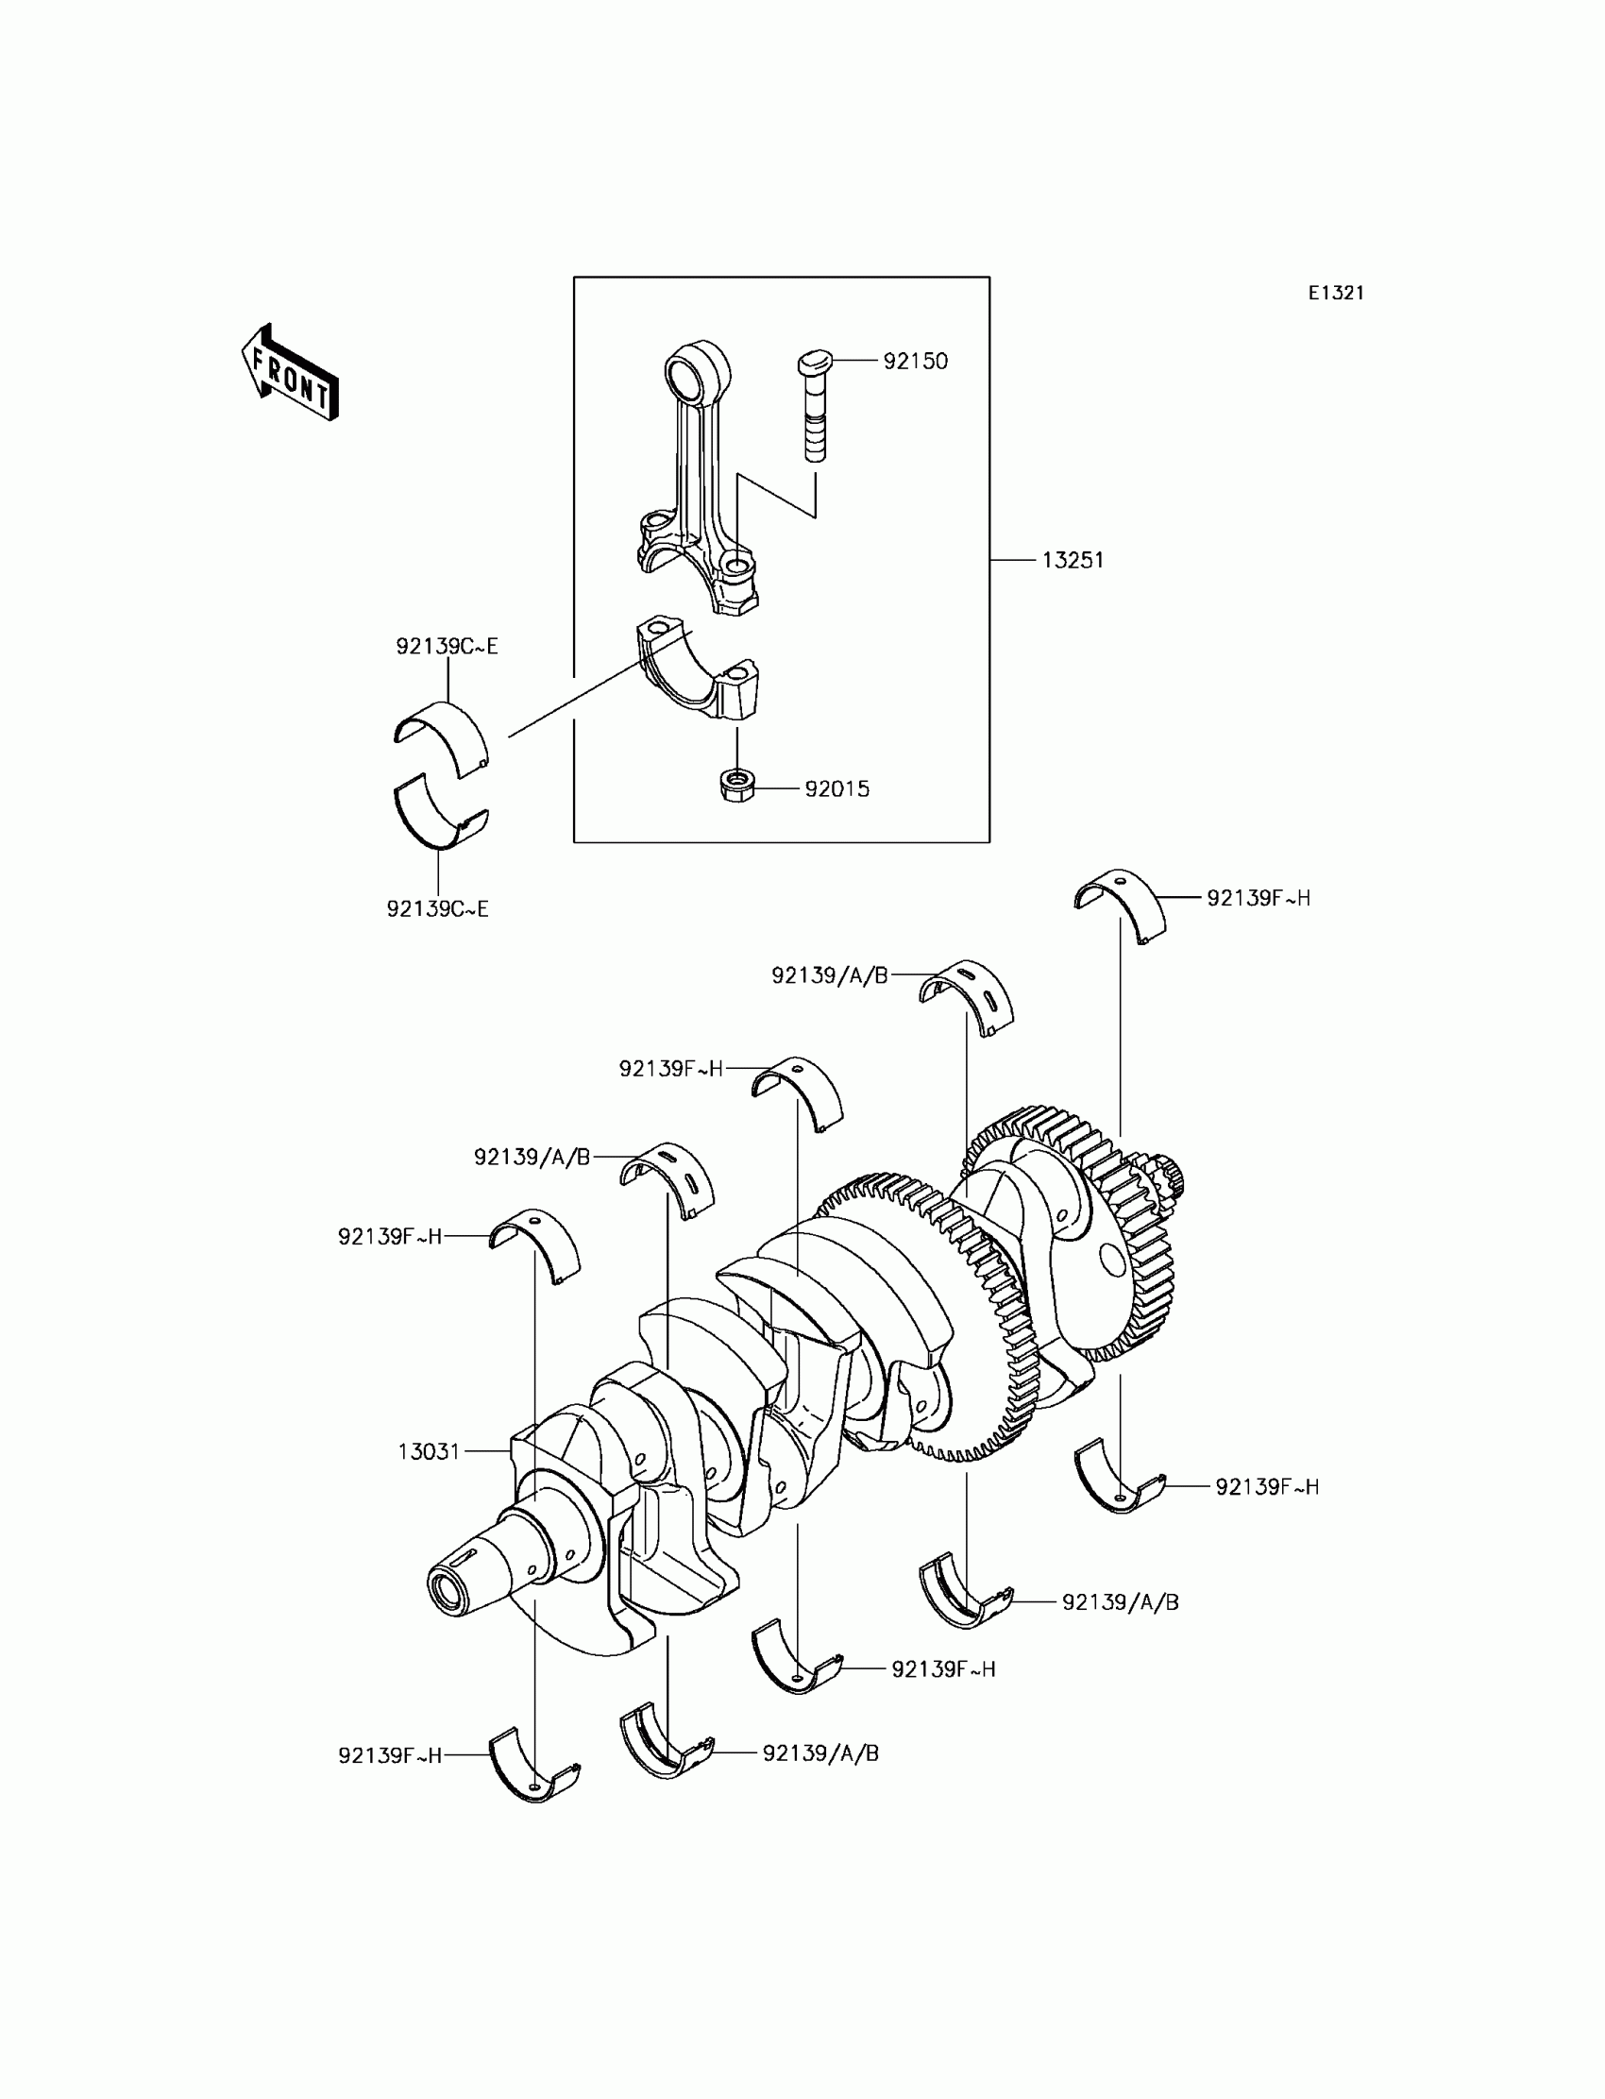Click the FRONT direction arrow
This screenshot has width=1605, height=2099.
click(290, 373)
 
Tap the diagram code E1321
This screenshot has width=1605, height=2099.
click(1336, 294)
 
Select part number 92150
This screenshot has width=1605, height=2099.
click(915, 361)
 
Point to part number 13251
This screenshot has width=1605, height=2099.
click(1073, 561)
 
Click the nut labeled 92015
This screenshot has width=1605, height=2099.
click(736, 787)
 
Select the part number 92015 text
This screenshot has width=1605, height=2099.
click(836, 789)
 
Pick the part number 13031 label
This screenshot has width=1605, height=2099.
click(429, 1452)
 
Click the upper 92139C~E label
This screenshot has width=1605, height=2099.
click(448, 647)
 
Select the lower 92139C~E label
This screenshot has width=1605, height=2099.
click(437, 909)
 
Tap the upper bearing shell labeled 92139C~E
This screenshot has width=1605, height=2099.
click(443, 736)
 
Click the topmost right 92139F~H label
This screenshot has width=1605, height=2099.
click(1259, 898)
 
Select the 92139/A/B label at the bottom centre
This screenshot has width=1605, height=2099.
click(820, 1753)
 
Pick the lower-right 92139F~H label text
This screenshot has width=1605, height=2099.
click(1267, 1486)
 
